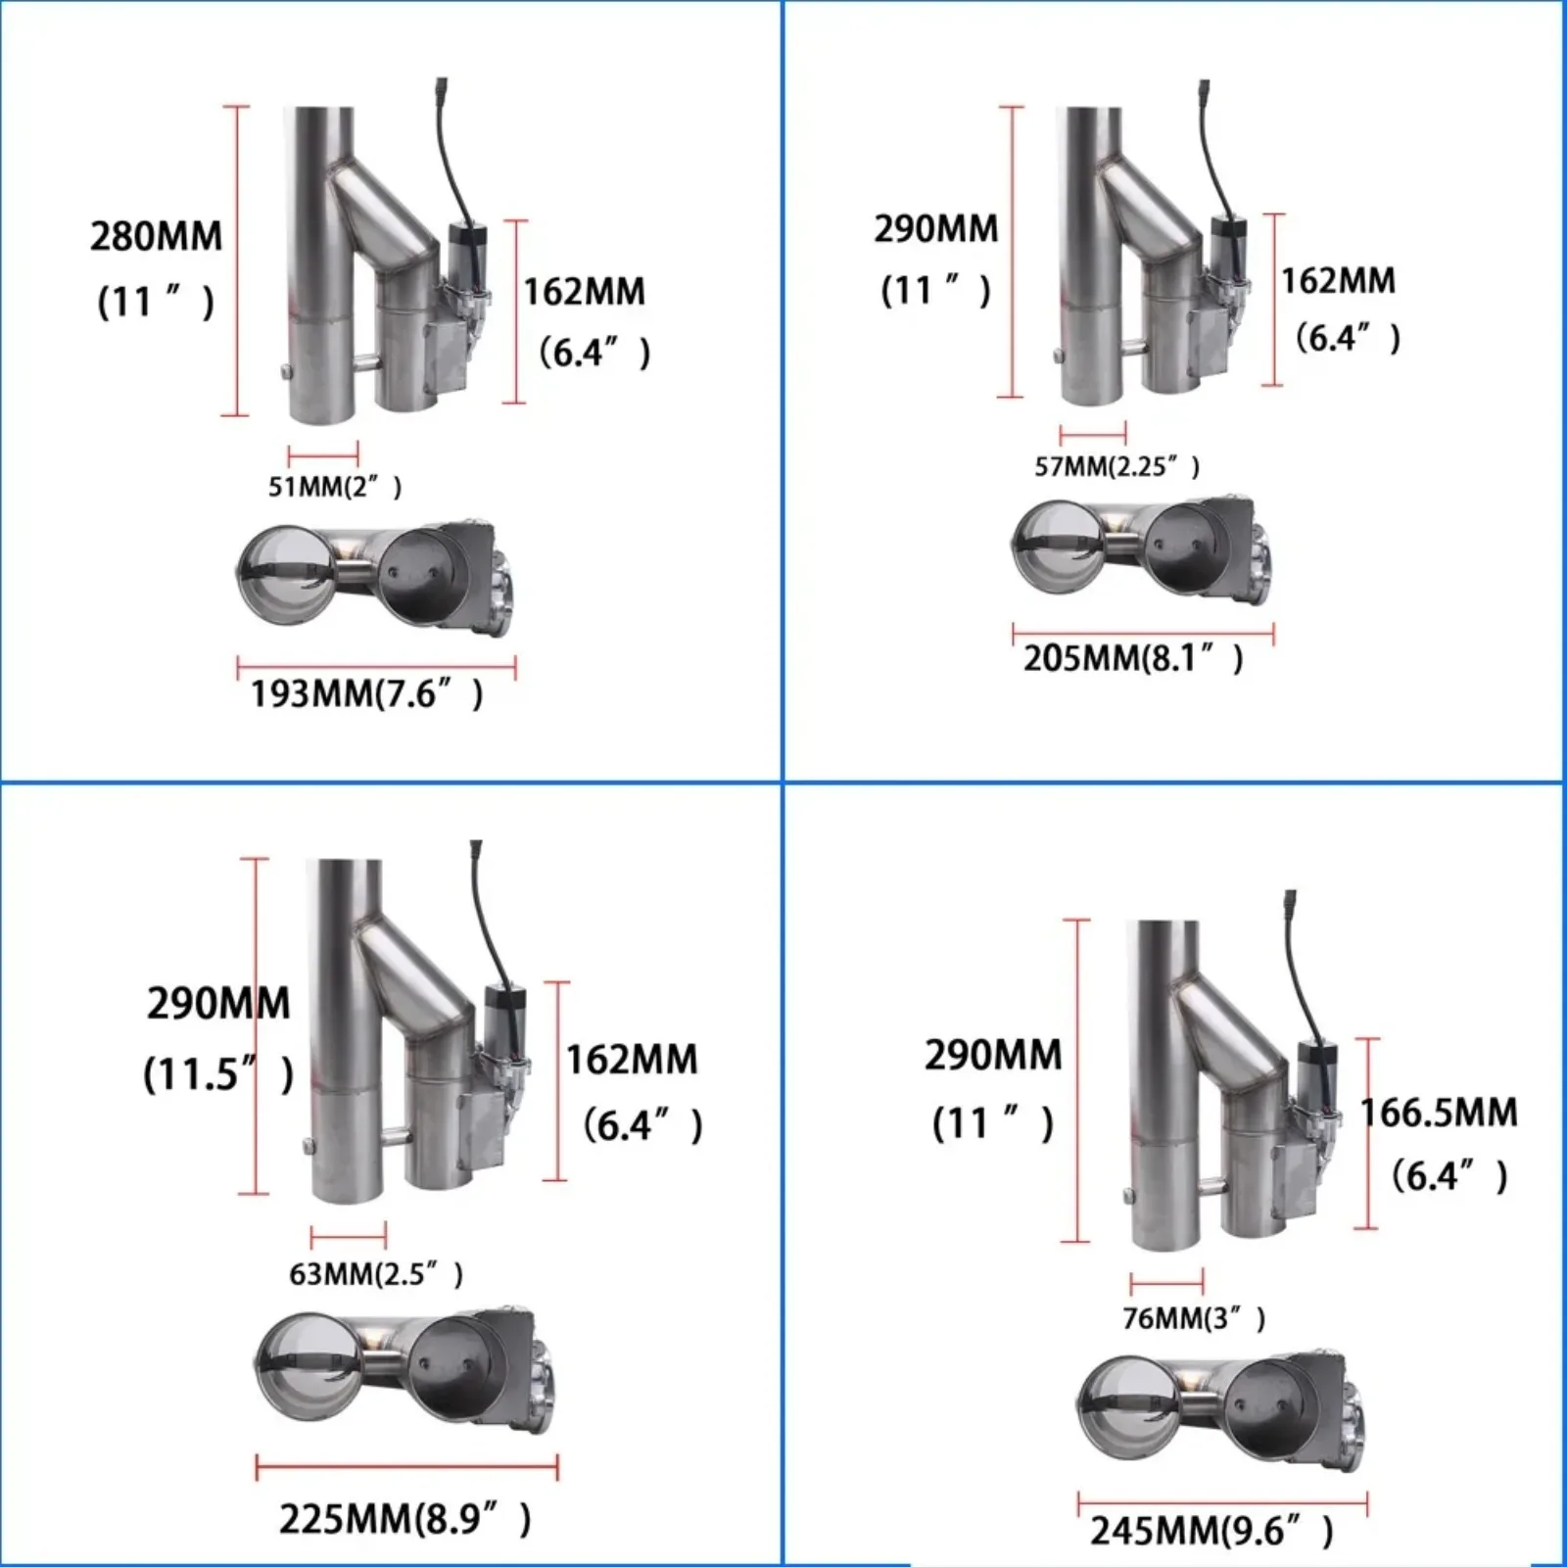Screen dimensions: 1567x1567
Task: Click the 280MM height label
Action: pos(157,237)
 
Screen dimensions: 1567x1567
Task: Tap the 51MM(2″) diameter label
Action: pos(335,487)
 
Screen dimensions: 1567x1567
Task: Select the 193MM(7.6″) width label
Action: pos(367,694)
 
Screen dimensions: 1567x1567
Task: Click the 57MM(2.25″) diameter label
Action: pos(1116,466)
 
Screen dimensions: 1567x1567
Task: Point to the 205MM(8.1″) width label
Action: pos(1133,658)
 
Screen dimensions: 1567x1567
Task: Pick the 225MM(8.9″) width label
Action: pos(404,1519)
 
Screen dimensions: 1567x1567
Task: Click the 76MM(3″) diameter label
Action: pos(1194,1318)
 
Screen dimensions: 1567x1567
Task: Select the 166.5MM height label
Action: pos(1439,1113)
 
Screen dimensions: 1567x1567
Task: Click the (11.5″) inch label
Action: pos(217,1074)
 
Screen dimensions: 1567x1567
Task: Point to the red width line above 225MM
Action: pos(406,1468)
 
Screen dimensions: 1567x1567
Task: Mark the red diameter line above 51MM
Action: pos(323,453)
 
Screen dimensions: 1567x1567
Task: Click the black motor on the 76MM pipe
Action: pos(1315,1070)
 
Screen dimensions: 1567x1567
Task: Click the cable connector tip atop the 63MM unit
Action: pos(476,845)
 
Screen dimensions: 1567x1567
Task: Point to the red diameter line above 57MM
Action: pos(1093,432)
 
